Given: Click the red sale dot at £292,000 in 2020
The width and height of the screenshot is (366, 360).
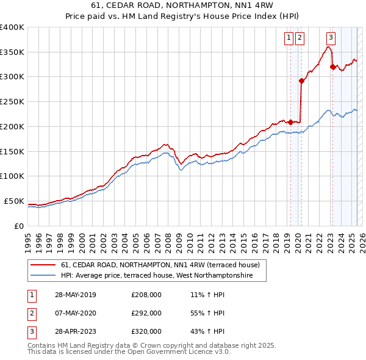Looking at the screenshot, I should [x=301, y=81].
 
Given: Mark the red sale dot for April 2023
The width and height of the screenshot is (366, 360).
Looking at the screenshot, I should [x=332, y=67].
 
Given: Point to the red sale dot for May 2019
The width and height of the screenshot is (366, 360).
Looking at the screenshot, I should [x=290, y=122].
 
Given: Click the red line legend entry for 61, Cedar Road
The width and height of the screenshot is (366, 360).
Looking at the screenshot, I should [x=160, y=265].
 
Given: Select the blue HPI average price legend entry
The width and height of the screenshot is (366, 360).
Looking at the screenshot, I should [x=163, y=276].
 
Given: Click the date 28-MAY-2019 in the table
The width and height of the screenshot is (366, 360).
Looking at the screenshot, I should [x=74, y=295].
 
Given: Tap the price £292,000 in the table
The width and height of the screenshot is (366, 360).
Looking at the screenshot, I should [x=146, y=314].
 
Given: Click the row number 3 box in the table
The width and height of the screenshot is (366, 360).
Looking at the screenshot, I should [x=30, y=333].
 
